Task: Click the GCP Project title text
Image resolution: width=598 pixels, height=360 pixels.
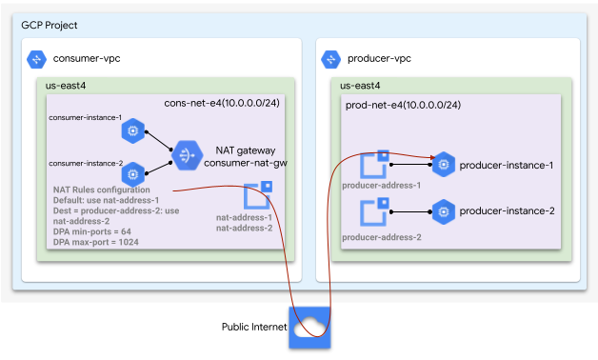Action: point(50,25)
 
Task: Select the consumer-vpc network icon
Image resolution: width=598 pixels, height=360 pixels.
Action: point(36,59)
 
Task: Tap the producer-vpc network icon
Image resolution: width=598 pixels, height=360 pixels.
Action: point(331,59)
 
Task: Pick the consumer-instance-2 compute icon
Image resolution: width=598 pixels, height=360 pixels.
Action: point(132,173)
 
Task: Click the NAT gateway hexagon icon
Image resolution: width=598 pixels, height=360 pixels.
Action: point(185,152)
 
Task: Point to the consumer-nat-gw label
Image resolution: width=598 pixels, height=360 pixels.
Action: point(246,163)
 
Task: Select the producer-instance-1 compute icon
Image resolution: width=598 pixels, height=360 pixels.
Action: point(442,165)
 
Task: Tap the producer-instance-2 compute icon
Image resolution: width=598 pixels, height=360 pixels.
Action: point(442,210)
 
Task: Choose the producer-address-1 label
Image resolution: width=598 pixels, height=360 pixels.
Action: point(381,185)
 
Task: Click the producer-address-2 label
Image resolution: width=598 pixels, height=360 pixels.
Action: point(381,236)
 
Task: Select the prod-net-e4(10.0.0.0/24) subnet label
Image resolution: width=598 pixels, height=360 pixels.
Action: point(403,104)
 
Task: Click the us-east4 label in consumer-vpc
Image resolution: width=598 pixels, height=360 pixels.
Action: point(67,86)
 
